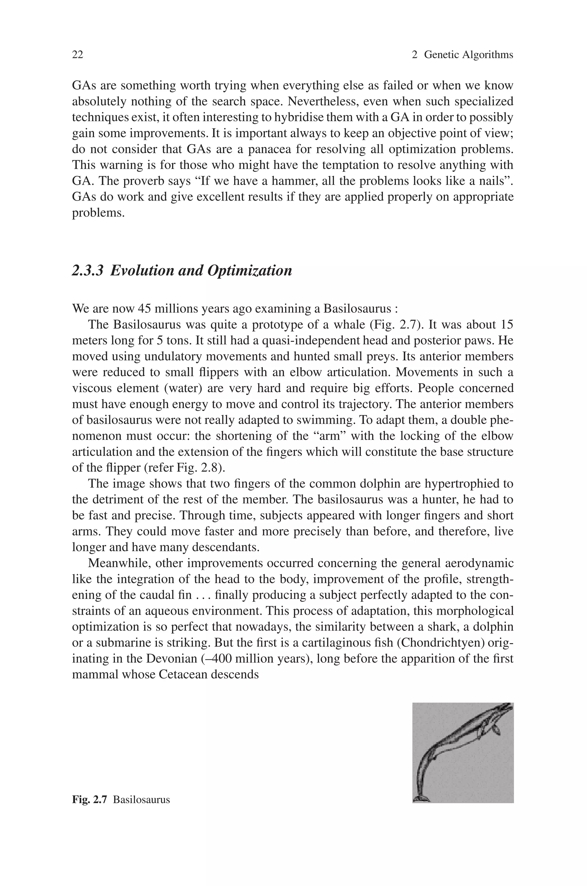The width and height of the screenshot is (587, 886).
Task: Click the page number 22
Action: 77,55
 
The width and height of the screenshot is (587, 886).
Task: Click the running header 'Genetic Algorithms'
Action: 468,55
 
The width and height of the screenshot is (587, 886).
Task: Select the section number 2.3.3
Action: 87,270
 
